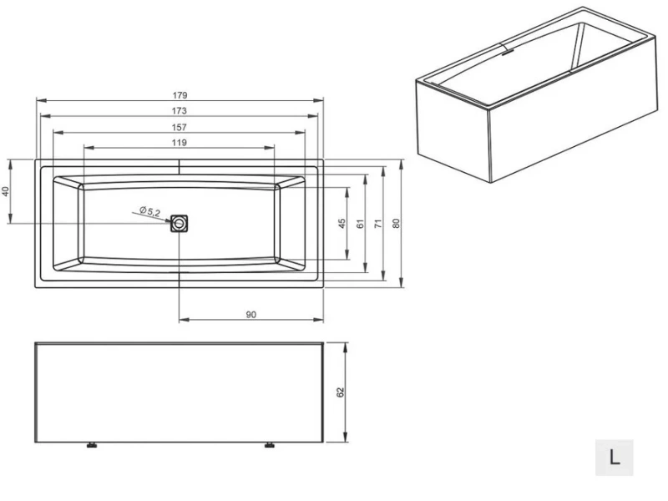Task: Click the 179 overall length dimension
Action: pos(180,94)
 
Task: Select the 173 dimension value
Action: pos(180,110)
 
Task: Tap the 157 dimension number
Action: pos(180,127)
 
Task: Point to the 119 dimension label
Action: pos(180,143)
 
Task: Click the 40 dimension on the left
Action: pos(6,191)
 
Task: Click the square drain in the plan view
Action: pos(180,224)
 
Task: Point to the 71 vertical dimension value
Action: pos(378,224)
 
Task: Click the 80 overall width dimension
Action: pos(397,224)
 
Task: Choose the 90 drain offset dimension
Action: pos(250,314)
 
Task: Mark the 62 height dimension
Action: pos(341,392)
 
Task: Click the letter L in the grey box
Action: pos(615,458)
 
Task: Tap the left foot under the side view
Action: pos(91,445)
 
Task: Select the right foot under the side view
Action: pos(270,445)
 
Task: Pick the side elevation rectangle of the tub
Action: pos(178,392)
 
